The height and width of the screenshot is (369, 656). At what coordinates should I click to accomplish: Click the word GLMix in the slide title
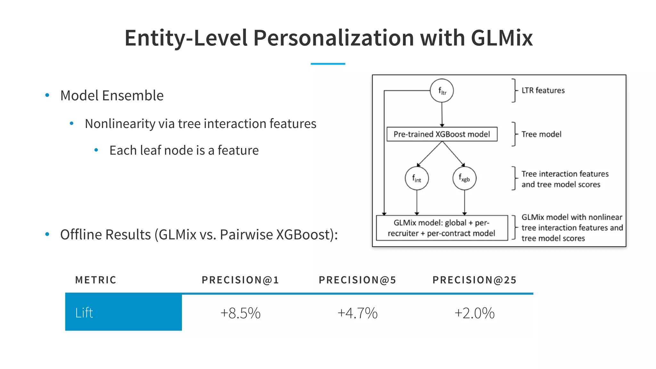pos(502,38)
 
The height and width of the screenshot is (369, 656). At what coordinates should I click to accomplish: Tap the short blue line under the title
pos(328,64)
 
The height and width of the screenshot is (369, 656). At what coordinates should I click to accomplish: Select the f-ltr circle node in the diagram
pos(442,91)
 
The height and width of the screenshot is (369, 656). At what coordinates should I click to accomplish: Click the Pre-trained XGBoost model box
pos(442,134)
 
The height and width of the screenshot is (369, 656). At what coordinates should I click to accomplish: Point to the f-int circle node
pos(416,178)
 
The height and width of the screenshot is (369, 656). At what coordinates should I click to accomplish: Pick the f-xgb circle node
pos(464,178)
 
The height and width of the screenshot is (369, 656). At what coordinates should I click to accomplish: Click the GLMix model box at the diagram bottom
pos(442,228)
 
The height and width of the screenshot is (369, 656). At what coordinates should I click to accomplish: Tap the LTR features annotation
pos(543,90)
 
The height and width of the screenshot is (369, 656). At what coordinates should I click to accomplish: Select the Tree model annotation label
pos(541,134)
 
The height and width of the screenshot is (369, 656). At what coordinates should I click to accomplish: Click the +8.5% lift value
pos(241,313)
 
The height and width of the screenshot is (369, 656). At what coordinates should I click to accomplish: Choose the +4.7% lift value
pos(357,313)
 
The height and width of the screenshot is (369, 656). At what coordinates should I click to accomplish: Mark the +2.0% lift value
pos(474,313)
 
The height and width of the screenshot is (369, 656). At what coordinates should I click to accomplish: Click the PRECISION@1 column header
pos(240,280)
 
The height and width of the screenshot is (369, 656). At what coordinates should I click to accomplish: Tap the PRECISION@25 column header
pos(474,280)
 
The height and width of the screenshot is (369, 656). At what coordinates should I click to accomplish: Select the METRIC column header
pos(96,280)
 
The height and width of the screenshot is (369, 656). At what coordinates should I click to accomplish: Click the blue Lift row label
pos(84,313)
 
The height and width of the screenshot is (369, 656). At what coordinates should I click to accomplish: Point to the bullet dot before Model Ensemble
pos(47,95)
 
